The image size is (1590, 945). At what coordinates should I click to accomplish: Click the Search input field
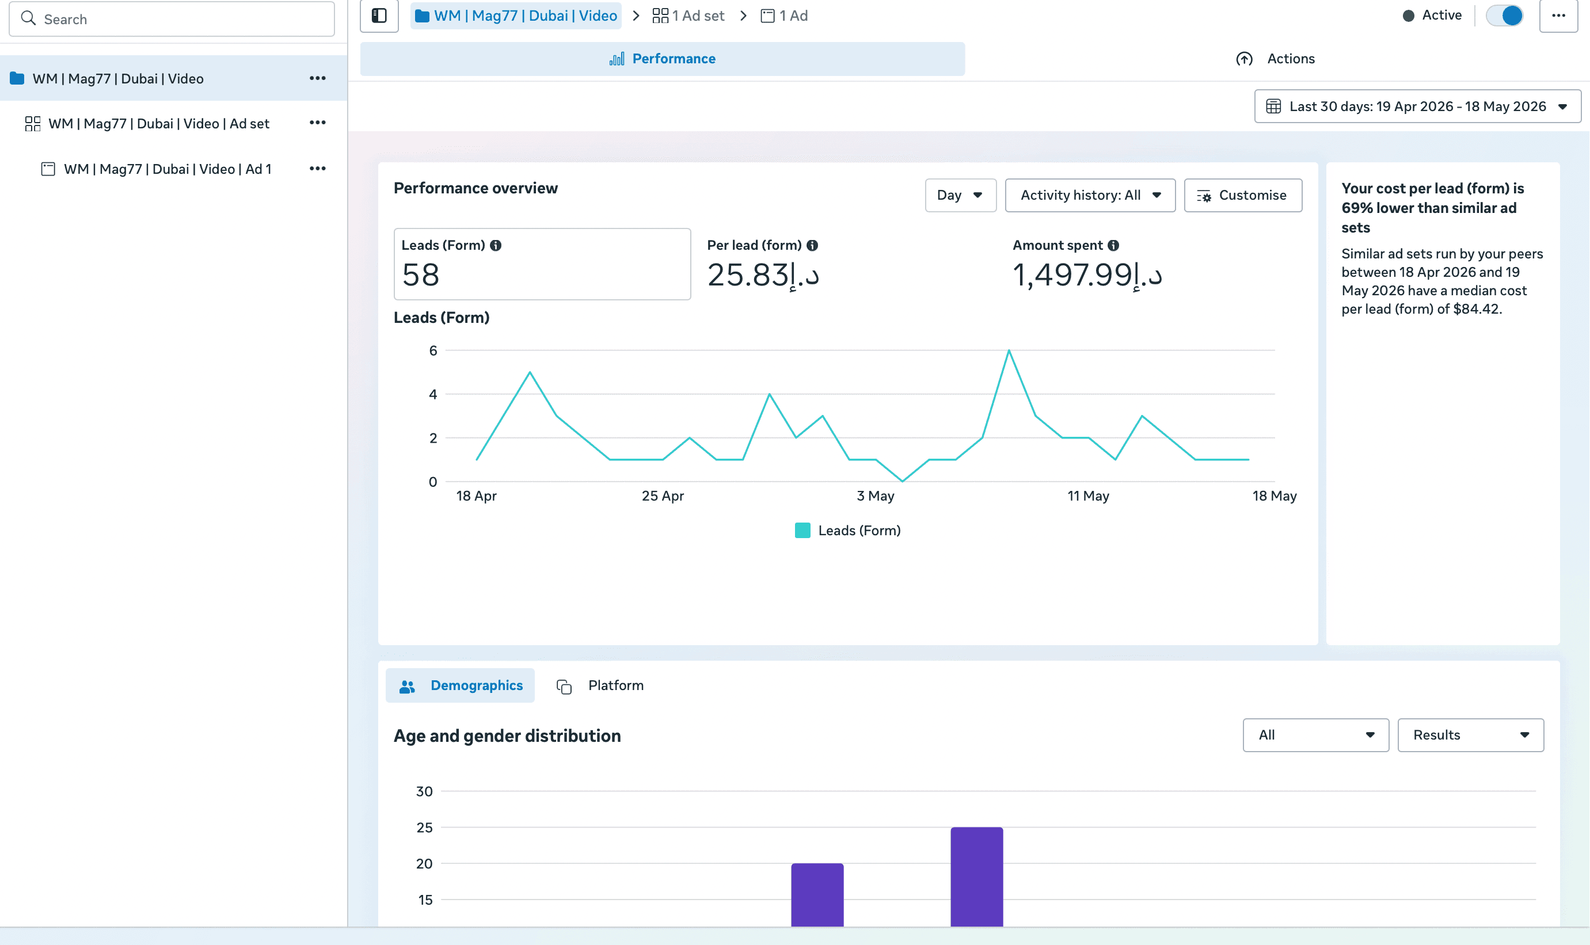tap(172, 19)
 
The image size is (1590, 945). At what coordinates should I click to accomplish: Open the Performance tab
tap(662, 59)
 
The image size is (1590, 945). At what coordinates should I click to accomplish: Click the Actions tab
tap(1276, 59)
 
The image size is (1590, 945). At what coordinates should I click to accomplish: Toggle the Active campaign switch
tap(1504, 16)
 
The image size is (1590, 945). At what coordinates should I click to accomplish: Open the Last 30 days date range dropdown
tap(1417, 106)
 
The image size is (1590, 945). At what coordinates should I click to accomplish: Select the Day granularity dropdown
tap(960, 196)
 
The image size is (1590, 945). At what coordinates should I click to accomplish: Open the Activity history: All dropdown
tap(1090, 196)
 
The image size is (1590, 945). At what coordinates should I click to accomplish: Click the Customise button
tap(1243, 196)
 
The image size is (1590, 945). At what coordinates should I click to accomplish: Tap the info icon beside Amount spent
tap(1113, 245)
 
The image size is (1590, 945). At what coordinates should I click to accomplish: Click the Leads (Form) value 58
tap(421, 275)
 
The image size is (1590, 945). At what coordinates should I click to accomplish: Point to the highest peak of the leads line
tap(1009, 350)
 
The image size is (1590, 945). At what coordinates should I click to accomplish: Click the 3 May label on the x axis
tap(876, 496)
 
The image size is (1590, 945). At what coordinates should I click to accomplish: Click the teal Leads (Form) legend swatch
tap(802, 531)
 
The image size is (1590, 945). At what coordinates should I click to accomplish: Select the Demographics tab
tap(461, 685)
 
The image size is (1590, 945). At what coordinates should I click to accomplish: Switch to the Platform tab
tap(600, 685)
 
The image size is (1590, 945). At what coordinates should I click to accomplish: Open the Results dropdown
tap(1470, 735)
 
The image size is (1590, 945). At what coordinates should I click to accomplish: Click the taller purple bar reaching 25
tap(977, 877)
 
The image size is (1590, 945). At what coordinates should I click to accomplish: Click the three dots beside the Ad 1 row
tap(318, 169)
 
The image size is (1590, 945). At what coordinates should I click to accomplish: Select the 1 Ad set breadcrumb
tap(689, 16)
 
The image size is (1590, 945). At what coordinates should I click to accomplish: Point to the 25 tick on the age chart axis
tap(424, 828)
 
